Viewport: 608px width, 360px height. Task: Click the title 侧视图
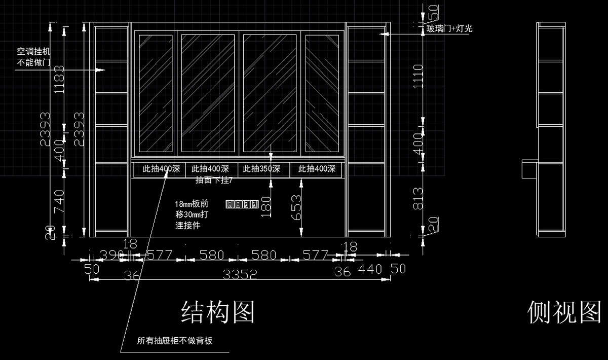click(564, 311)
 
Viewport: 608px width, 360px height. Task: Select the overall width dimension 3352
click(240, 274)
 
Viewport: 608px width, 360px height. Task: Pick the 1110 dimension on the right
click(419, 76)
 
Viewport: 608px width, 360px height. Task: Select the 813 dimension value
click(419, 198)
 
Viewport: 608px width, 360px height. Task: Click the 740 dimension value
click(60, 202)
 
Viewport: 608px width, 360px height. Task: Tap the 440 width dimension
click(370, 269)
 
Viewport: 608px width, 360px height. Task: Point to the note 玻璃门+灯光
click(449, 29)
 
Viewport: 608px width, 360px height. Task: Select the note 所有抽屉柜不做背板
click(175, 341)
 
